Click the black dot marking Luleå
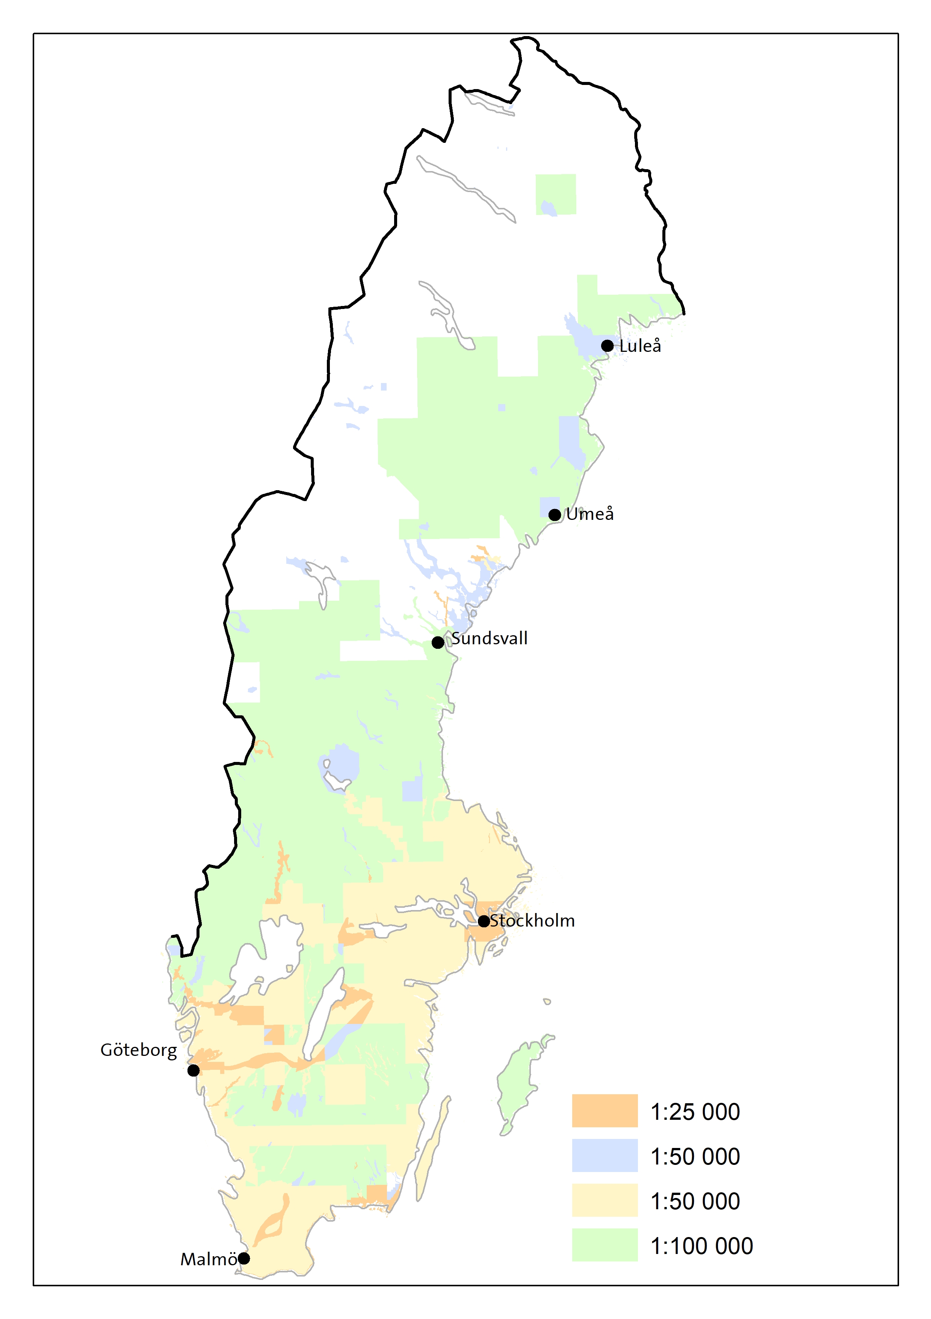click(607, 346)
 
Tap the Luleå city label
click(640, 346)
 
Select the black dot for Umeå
click(554, 515)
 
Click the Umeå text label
click(590, 514)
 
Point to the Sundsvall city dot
click(438, 642)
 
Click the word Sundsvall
click(489, 638)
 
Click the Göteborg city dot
click(193, 1070)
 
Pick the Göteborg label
click(138, 1051)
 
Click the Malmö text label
click(209, 1259)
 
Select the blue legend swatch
click(604, 1155)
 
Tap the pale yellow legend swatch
click(604, 1200)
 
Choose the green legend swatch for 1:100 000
click(604, 1245)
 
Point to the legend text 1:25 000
click(695, 1112)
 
